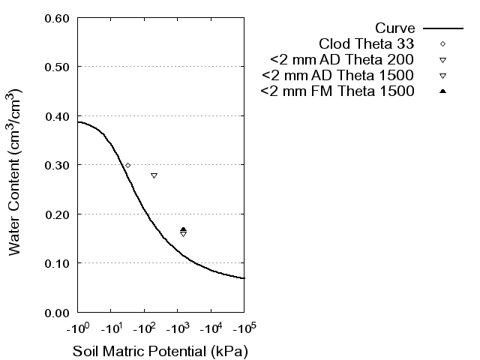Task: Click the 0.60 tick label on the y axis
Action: click(58, 17)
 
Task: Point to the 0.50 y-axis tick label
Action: click(58, 67)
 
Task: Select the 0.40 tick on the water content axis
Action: click(58, 115)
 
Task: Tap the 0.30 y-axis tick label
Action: click(58, 165)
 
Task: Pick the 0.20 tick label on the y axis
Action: click(58, 214)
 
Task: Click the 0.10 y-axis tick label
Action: click(58, 263)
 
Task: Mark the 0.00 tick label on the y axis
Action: click(58, 312)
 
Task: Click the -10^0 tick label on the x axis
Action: click(77, 328)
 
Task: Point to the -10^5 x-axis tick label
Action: click(244, 328)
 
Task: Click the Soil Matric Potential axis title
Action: click(160, 351)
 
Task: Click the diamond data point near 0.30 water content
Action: click(127, 165)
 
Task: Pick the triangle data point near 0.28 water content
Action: click(154, 175)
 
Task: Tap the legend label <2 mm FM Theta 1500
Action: click(337, 91)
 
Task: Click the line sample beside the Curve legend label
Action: click(442, 28)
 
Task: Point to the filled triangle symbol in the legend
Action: click(442, 91)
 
